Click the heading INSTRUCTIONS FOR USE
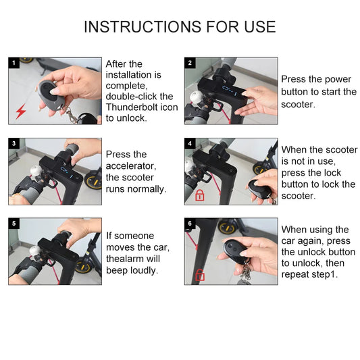pos(180,27)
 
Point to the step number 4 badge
pos(190,144)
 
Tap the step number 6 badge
pos(190,224)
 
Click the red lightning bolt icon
pos(20,112)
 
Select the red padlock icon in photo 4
pos(200,195)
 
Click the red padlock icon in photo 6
pos(200,274)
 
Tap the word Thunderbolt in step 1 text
pos(132,107)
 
